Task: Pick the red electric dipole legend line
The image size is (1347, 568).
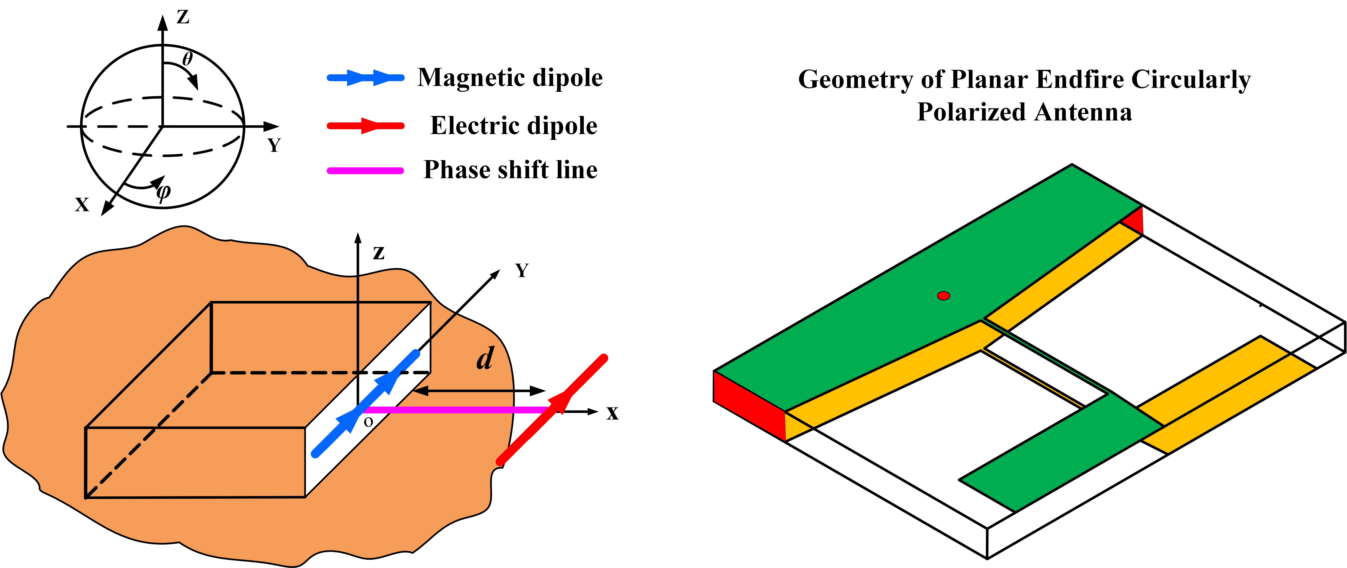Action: [365, 125]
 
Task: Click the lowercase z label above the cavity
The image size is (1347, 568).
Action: [379, 253]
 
